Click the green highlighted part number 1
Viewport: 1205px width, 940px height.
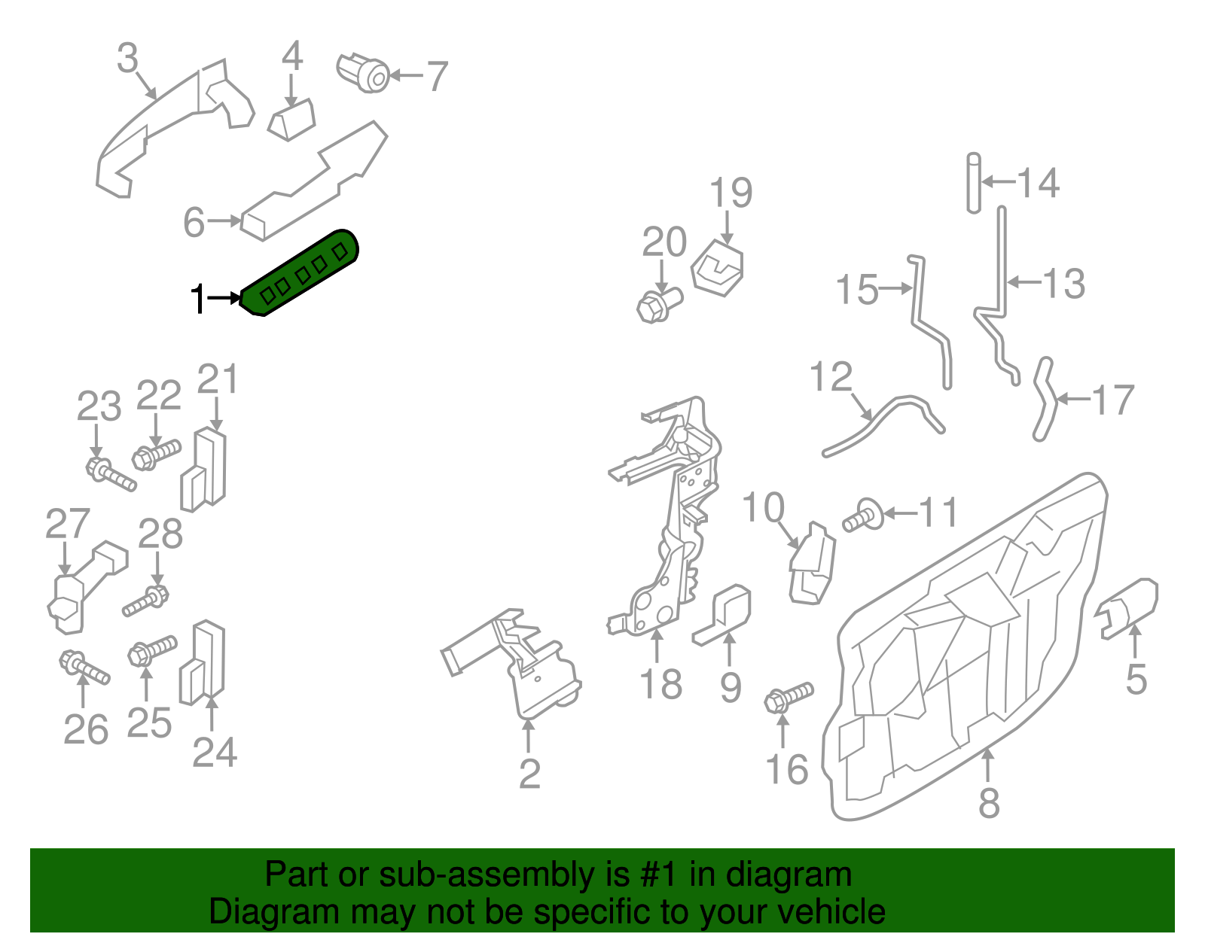click(301, 272)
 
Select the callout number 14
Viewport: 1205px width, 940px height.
click(1039, 183)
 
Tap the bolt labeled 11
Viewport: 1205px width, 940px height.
click(862, 516)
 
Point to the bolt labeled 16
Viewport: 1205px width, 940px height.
click(787, 696)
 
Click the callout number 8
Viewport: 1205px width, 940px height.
click(989, 802)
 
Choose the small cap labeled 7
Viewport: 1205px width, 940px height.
click(364, 72)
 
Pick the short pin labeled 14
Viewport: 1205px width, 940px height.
click(974, 183)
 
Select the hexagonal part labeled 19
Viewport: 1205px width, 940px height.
click(718, 269)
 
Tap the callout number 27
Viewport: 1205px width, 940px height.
click(68, 524)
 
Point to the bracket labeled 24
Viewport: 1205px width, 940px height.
click(203, 662)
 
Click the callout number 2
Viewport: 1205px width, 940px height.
click(529, 774)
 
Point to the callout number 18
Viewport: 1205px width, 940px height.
click(660, 685)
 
